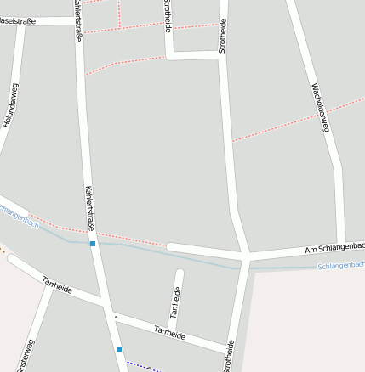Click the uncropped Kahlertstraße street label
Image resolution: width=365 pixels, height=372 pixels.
90,209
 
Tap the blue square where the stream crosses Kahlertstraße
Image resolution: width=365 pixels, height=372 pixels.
93,244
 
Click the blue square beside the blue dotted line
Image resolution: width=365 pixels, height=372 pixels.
119,348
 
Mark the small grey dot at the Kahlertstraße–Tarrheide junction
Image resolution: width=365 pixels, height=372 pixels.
116,317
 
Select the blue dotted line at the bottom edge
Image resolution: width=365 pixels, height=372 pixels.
140,366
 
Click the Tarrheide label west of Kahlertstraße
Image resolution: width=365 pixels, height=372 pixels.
56,285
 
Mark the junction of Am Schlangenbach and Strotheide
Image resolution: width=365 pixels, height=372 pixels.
245,256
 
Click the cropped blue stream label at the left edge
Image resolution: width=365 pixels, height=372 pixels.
19,216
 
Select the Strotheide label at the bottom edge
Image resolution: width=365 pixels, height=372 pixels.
229,357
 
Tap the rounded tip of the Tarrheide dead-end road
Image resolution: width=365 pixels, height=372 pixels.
179,273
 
